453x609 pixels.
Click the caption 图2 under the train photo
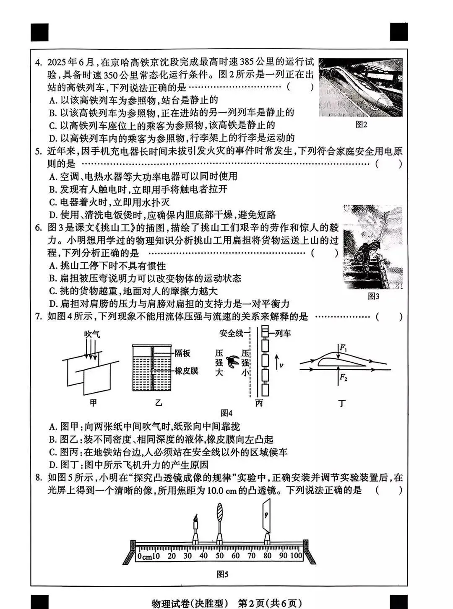coord(361,124)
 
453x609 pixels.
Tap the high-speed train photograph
coord(360,87)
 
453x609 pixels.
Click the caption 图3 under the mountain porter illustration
coord(373,296)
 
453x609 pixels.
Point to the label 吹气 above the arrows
coord(92,334)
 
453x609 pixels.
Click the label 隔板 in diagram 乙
coord(182,353)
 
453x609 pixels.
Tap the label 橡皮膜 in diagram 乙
coord(186,371)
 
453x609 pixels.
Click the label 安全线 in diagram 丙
coord(231,333)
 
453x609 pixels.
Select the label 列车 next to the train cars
coord(283,333)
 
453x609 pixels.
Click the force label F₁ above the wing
coord(343,347)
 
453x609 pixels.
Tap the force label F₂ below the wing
coord(343,377)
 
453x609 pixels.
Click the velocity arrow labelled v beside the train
coord(277,362)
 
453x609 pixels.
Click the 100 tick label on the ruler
coord(296,556)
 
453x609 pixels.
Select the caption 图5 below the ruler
coord(222,575)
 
